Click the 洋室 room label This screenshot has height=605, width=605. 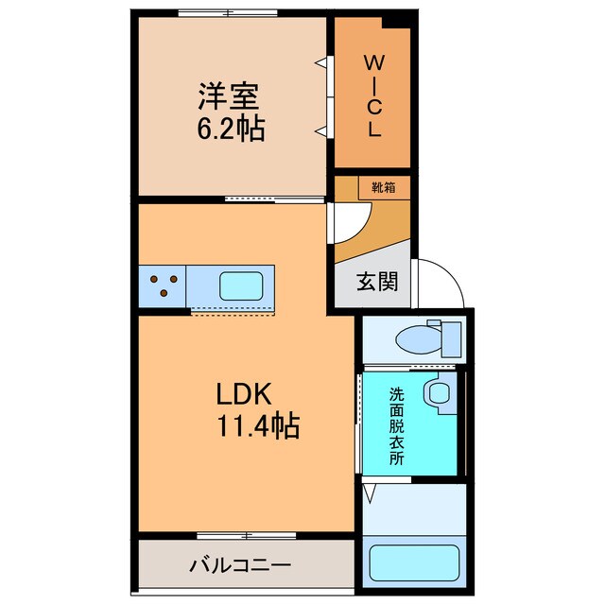click(x=228, y=95)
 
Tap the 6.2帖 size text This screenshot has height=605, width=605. click(x=230, y=128)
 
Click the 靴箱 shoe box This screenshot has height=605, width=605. click(x=383, y=187)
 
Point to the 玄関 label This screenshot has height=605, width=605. click(x=376, y=282)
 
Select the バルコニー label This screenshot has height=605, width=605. click(x=240, y=565)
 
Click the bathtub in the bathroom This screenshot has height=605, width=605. click(x=414, y=562)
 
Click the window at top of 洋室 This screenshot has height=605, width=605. click(x=228, y=12)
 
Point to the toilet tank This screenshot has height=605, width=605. click(x=449, y=336)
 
